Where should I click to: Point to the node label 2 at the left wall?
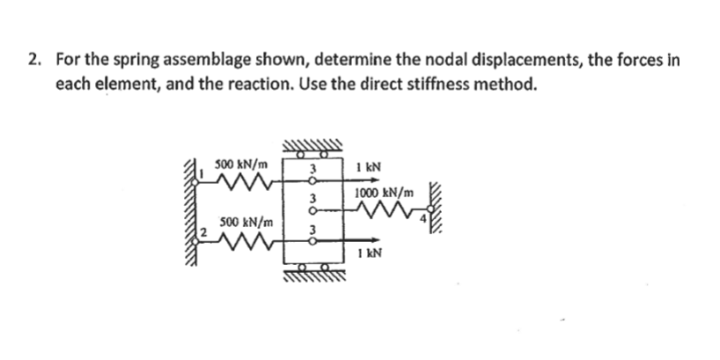point(202,233)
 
